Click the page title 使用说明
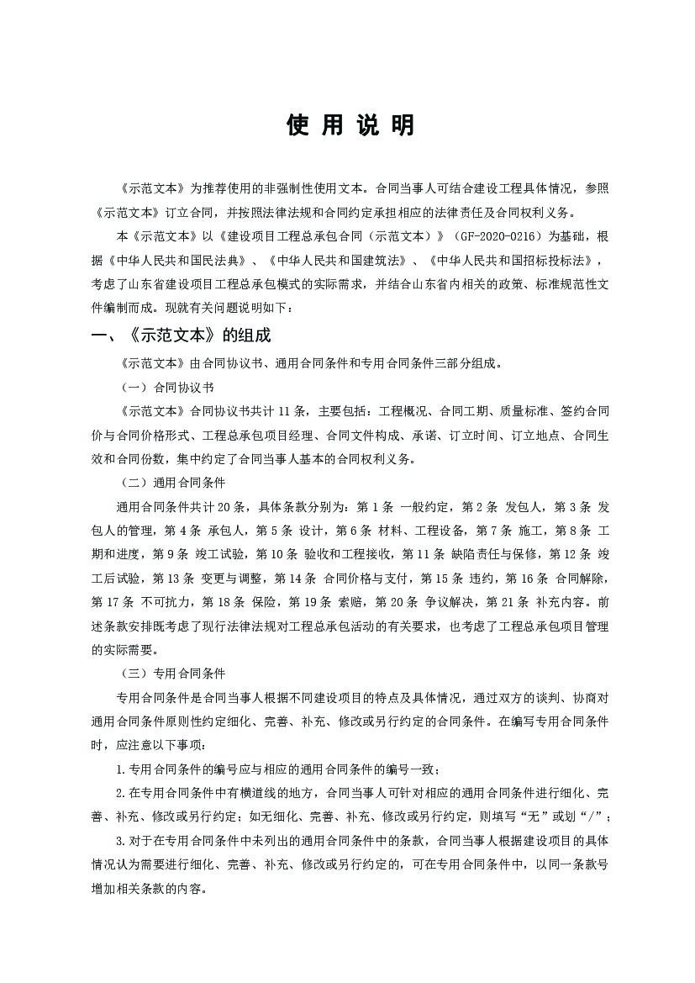click(x=350, y=125)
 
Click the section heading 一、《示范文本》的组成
click(x=181, y=335)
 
